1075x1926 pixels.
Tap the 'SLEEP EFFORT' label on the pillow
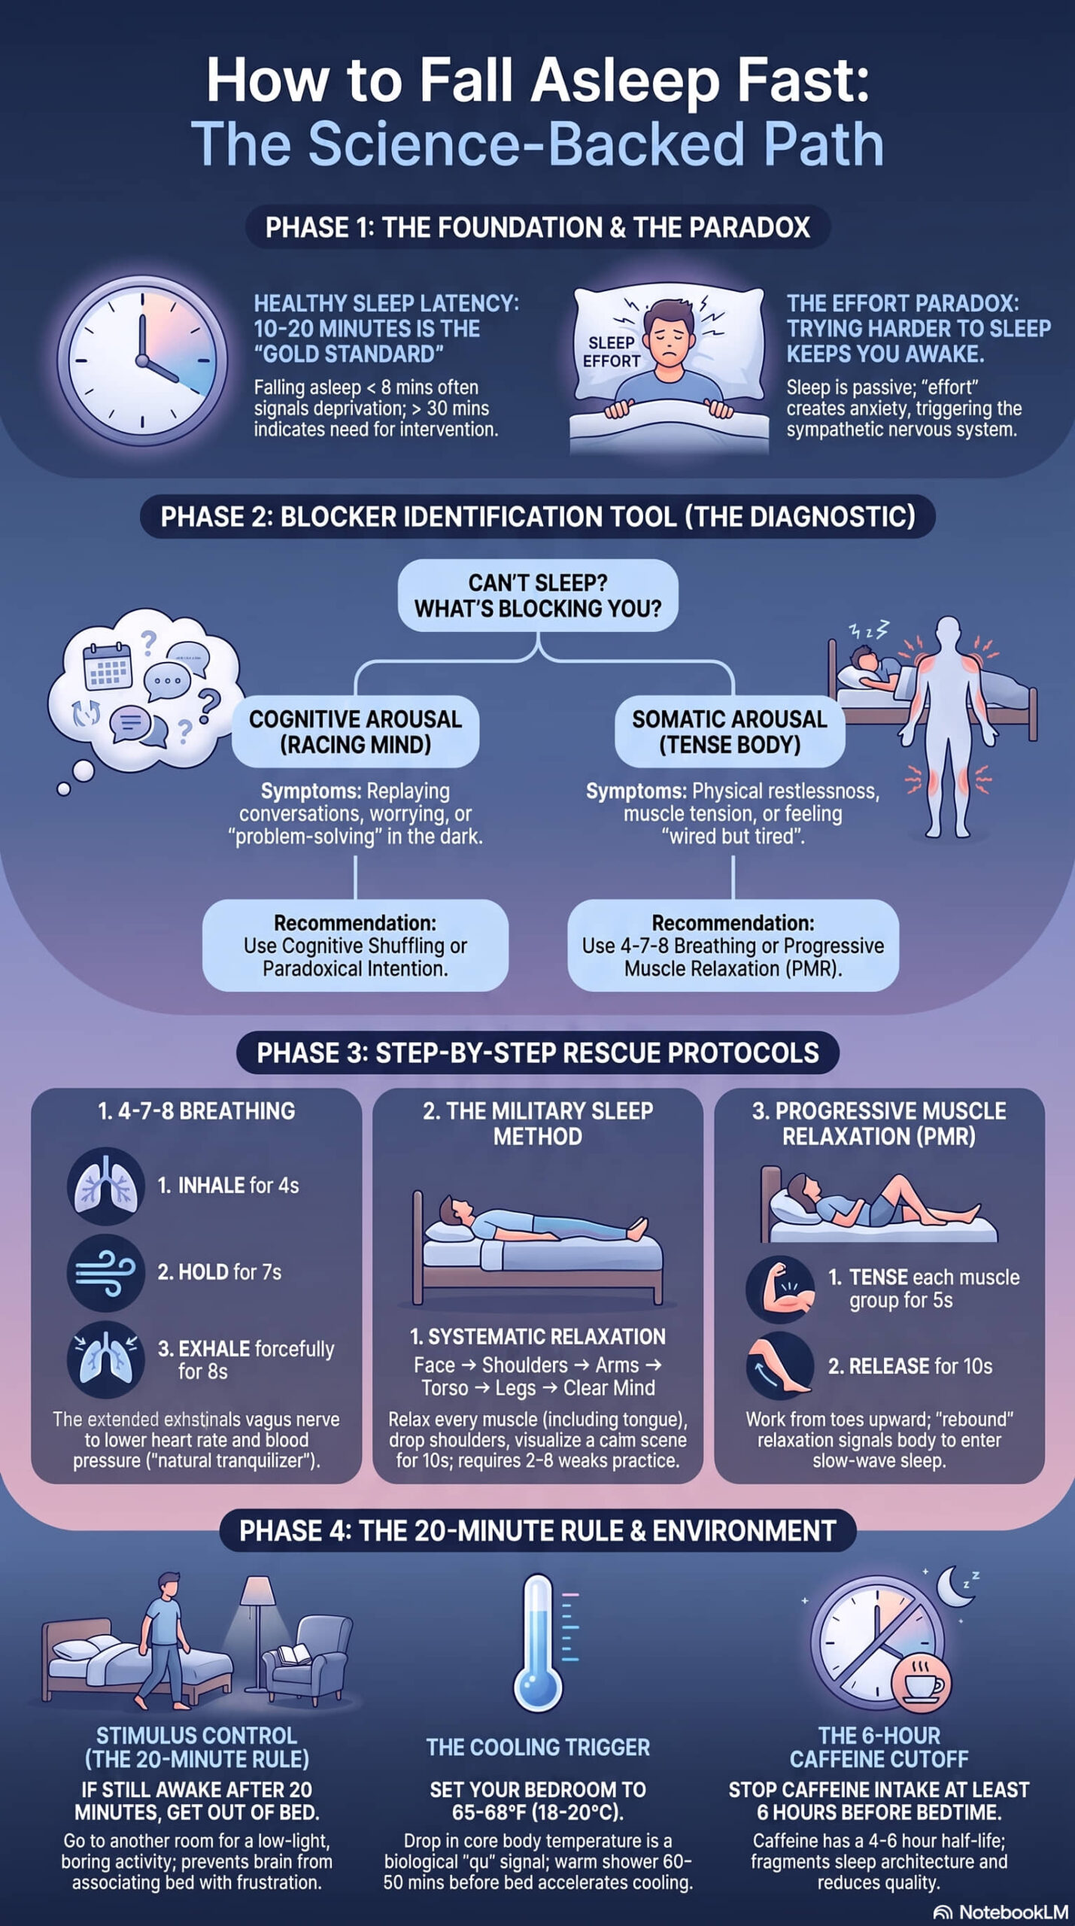tap(611, 352)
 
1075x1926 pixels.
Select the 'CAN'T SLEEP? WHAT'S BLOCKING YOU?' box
tap(537, 595)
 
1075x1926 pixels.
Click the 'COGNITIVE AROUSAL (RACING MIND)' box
tap(355, 731)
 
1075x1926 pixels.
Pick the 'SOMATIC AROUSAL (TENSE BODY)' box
tap(730, 731)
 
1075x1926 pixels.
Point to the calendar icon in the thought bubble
tap(107, 667)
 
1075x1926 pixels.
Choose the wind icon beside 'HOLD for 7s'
tap(106, 1272)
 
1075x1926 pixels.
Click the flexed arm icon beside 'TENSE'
tap(780, 1289)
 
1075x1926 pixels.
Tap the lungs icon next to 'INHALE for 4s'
tap(106, 1186)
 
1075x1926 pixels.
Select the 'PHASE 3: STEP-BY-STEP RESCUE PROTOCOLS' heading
tap(538, 1053)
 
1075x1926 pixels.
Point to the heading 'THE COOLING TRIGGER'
tap(538, 1746)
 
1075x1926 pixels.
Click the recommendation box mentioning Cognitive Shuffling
tap(355, 946)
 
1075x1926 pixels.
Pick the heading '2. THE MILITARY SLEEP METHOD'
tap(538, 1123)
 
